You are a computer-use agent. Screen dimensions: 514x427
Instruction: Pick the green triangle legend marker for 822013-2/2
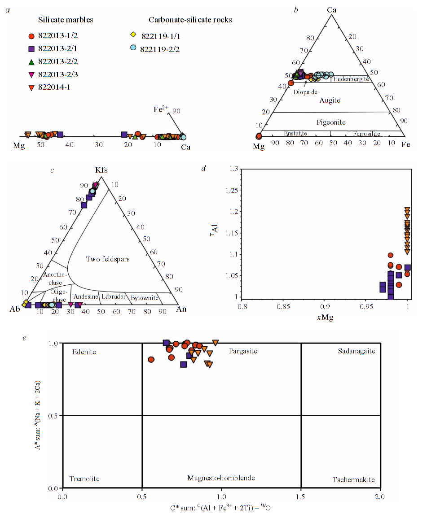pyautogui.click(x=31, y=61)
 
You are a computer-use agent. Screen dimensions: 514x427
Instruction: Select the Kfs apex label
pyautogui.click(x=101, y=170)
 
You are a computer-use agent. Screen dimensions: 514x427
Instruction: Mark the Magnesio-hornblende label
pyautogui.click(x=221, y=478)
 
